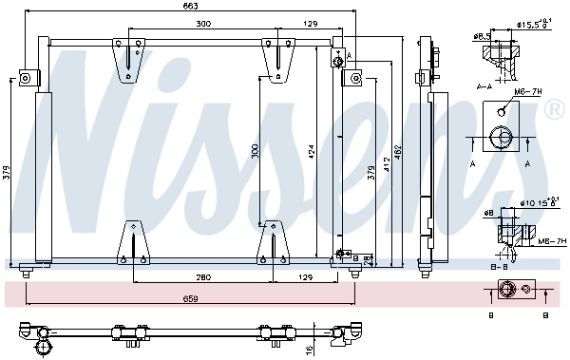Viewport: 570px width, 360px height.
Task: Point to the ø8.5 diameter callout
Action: click(482, 36)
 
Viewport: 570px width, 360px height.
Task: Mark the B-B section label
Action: click(498, 268)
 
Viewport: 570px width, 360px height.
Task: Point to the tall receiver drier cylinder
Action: click(42, 176)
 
